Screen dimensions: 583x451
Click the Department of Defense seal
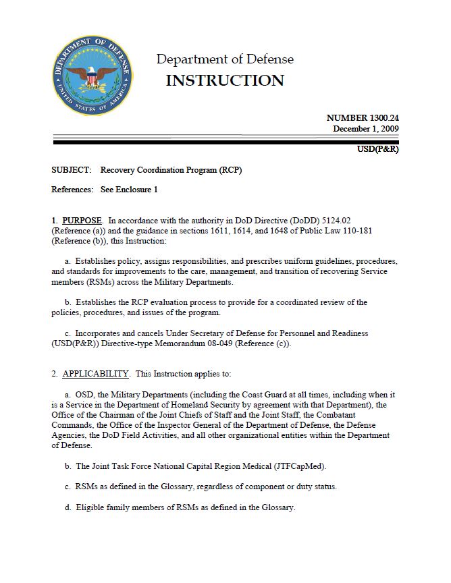pos(92,75)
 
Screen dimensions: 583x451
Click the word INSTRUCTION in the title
pos(225,81)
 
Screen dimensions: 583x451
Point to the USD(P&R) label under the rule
pos(377,149)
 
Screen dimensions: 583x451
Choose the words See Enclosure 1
pos(129,190)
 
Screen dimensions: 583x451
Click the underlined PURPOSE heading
pos(82,221)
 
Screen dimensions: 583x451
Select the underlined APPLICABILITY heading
pos(95,373)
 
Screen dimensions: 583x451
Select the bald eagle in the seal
pos(92,75)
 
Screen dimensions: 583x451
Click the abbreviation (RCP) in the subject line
pos(226,170)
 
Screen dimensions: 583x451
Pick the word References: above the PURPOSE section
pos(72,190)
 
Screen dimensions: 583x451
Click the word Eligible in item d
pos(88,507)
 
